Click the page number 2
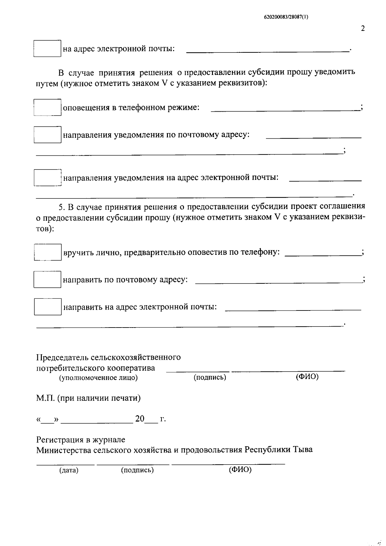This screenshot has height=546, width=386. coord(363,29)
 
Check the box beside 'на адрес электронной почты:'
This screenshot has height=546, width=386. coord(47,49)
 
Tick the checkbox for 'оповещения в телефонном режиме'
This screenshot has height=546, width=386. coord(47,107)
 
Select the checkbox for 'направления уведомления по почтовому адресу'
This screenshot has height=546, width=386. coord(47,135)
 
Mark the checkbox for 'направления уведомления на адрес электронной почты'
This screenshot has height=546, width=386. coord(47,178)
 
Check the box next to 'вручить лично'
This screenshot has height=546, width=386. coord(47,252)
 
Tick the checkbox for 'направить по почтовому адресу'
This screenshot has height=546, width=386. coord(47,279)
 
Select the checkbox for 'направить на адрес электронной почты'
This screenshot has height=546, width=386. coord(47,307)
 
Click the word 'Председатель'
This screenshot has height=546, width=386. coord(62,357)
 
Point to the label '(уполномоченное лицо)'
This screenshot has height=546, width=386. coord(98,378)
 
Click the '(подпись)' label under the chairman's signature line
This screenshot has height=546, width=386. coord(210,377)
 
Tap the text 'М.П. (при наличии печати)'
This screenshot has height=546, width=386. coord(88,398)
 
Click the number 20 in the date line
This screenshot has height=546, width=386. coord(140,419)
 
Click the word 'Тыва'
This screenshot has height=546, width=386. coord(303,449)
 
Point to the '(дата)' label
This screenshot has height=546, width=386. coord(69,470)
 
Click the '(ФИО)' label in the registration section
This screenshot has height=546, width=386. coord(240,470)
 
